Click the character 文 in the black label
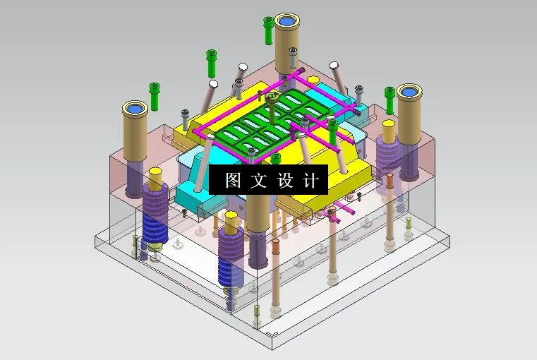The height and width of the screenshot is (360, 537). click(259, 180)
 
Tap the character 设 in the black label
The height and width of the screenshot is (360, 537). click(284, 180)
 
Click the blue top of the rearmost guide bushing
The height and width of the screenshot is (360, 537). click(286, 21)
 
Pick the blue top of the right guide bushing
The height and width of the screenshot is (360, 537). click(408, 92)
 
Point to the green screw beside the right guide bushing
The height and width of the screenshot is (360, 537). click(389, 98)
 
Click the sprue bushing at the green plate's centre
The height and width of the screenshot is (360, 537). click(270, 98)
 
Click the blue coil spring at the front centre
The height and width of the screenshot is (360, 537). click(230, 261)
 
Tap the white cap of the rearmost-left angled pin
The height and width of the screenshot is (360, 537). click(243, 68)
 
